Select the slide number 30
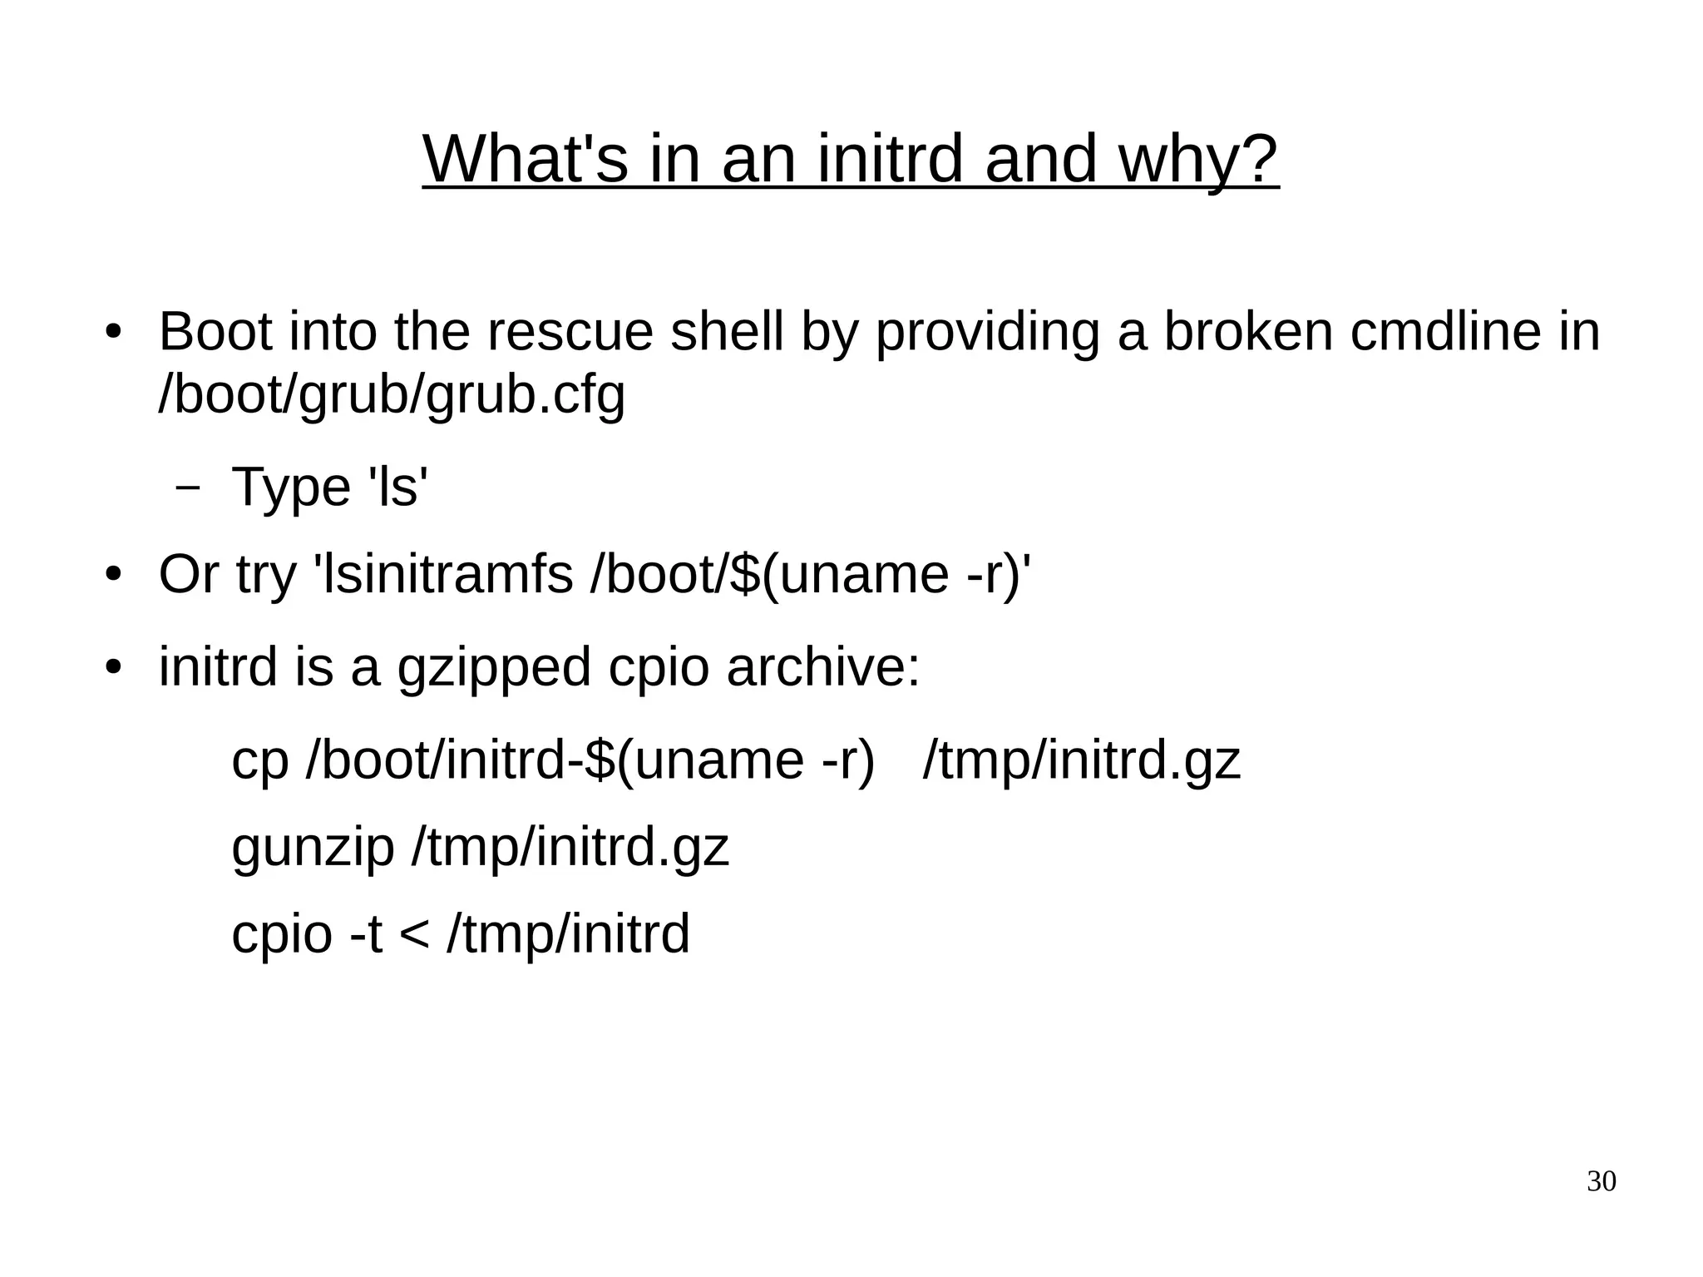point(1601,1181)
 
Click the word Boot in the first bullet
point(215,331)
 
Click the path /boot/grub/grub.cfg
point(392,395)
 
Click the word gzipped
point(494,668)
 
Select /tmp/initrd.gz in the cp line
point(1081,760)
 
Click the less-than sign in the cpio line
point(413,933)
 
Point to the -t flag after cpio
point(366,933)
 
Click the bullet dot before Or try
point(114,576)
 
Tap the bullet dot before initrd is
point(114,668)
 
